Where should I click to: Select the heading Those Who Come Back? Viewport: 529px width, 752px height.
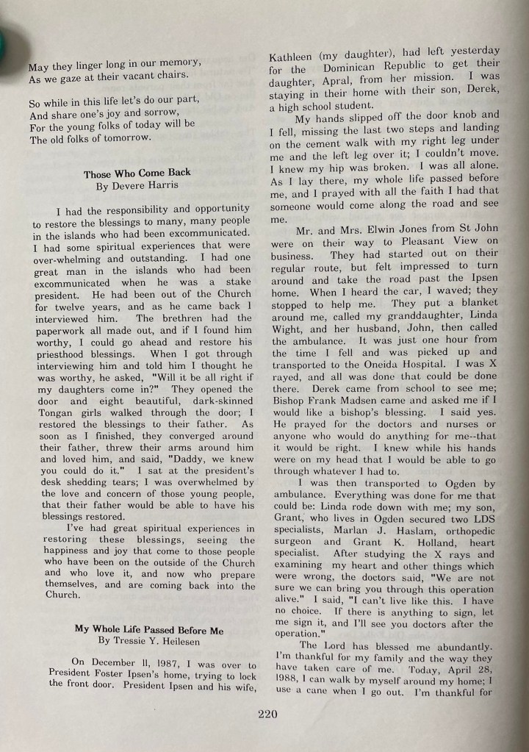point(137,174)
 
